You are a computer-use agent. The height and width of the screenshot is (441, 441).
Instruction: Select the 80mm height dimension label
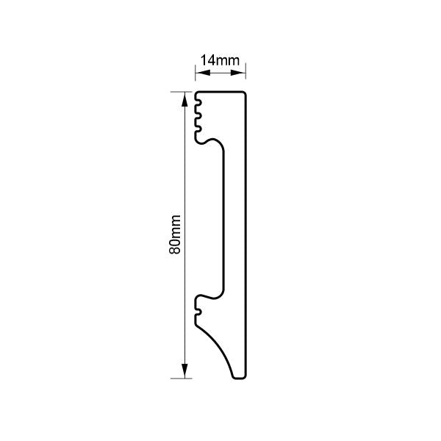tap(175, 235)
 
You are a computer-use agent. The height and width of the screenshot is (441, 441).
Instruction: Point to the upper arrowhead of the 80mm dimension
tap(184, 96)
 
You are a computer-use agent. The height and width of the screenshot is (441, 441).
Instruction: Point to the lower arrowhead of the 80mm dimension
tap(184, 374)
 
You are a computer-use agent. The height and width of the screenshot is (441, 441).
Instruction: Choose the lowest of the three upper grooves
tap(199, 129)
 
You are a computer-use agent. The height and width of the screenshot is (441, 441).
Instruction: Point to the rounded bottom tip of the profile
tap(238, 377)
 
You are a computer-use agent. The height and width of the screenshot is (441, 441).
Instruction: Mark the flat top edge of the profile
tap(220, 92)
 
